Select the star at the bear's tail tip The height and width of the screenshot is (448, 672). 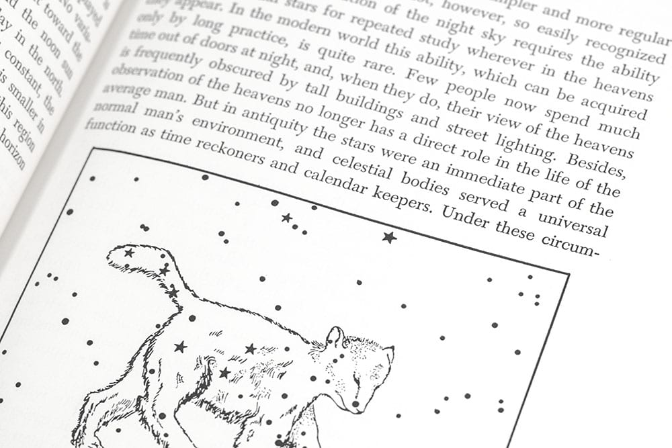[x=128, y=253]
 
